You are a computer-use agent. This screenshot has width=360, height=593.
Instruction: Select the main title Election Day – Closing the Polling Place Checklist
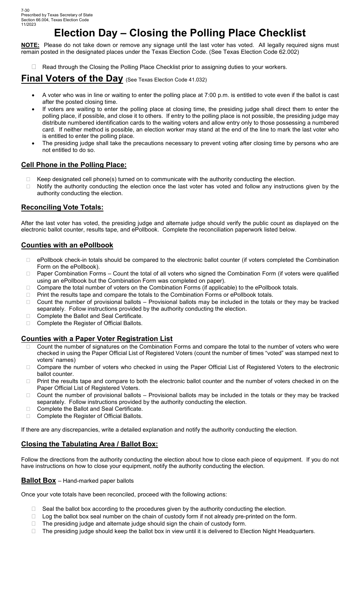point(180,33)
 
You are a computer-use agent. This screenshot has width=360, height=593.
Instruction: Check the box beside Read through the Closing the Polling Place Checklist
point(34,67)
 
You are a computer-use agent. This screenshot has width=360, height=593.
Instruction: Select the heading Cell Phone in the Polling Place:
point(74,165)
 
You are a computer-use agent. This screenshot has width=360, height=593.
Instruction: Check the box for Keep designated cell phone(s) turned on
point(28,179)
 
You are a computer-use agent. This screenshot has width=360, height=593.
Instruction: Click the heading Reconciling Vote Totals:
point(62,207)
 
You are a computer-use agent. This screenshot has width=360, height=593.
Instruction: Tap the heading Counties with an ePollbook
point(67,245)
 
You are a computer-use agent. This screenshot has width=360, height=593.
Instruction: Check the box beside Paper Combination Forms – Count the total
point(28,274)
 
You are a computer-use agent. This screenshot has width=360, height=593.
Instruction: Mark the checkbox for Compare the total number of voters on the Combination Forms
point(28,288)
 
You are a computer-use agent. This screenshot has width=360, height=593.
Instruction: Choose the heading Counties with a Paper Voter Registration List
point(97,339)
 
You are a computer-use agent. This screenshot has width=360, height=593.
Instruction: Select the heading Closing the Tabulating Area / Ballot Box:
point(89,444)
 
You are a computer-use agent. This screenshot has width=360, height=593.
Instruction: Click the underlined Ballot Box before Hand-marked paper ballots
point(38,480)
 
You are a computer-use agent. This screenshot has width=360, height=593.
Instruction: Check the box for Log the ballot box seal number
point(34,516)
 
